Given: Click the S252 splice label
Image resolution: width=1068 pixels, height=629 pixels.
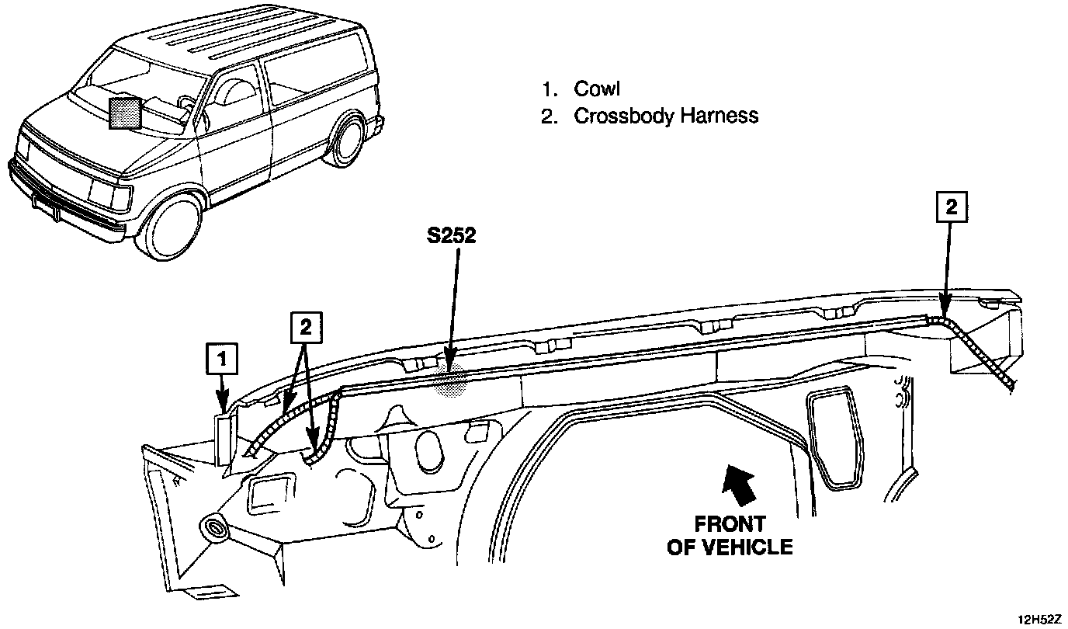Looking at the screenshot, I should [x=451, y=236].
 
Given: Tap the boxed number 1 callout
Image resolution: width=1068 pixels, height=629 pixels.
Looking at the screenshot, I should [x=222, y=359].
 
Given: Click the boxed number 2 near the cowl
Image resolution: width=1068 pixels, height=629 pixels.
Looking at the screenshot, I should [x=305, y=328].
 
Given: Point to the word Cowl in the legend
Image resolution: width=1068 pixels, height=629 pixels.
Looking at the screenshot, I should [x=597, y=89].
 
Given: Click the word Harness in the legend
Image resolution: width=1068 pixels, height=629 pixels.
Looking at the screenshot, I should [x=719, y=116].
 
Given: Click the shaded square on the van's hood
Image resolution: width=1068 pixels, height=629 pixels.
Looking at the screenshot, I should [x=126, y=113].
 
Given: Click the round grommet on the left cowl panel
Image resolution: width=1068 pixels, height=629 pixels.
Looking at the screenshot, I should [x=213, y=530].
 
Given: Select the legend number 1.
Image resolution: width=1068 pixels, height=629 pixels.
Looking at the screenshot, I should [x=549, y=89].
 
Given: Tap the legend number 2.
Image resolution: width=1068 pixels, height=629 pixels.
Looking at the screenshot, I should [x=549, y=116].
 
